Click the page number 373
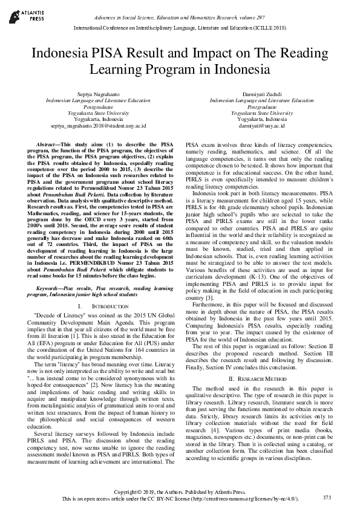pos(327,497)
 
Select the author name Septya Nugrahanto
pos(98,95)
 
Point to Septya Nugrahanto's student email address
pos(98,125)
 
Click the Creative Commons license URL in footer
pos(243,499)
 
